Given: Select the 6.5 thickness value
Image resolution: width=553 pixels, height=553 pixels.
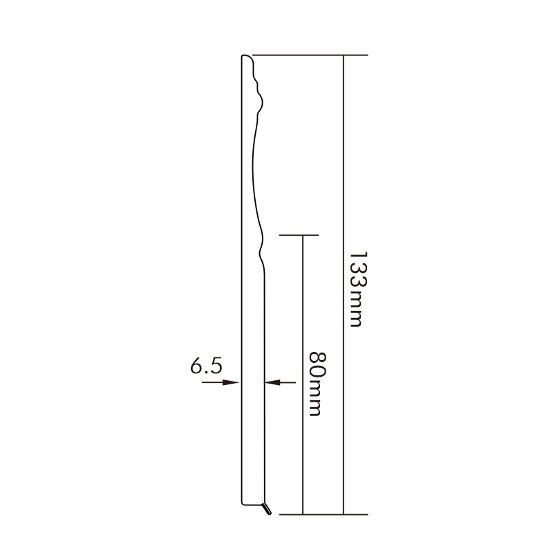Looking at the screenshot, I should [206, 366].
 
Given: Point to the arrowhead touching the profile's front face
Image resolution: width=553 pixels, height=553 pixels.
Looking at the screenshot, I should [271, 382].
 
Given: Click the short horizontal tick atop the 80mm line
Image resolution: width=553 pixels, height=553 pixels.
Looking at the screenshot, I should [299, 236].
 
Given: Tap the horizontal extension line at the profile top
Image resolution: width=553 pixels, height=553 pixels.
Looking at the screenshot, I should [311, 55].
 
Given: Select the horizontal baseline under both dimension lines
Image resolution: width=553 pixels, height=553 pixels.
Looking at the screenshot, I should [318, 515].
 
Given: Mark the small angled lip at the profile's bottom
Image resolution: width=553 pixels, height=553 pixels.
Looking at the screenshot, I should [267, 509].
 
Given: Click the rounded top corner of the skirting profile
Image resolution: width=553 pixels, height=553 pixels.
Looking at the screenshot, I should [244, 57].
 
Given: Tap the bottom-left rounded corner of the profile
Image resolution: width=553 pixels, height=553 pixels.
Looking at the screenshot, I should [242, 501].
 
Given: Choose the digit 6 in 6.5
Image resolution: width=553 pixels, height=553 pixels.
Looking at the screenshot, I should [197, 366].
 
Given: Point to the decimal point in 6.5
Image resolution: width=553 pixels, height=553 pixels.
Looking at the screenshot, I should [207, 373].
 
